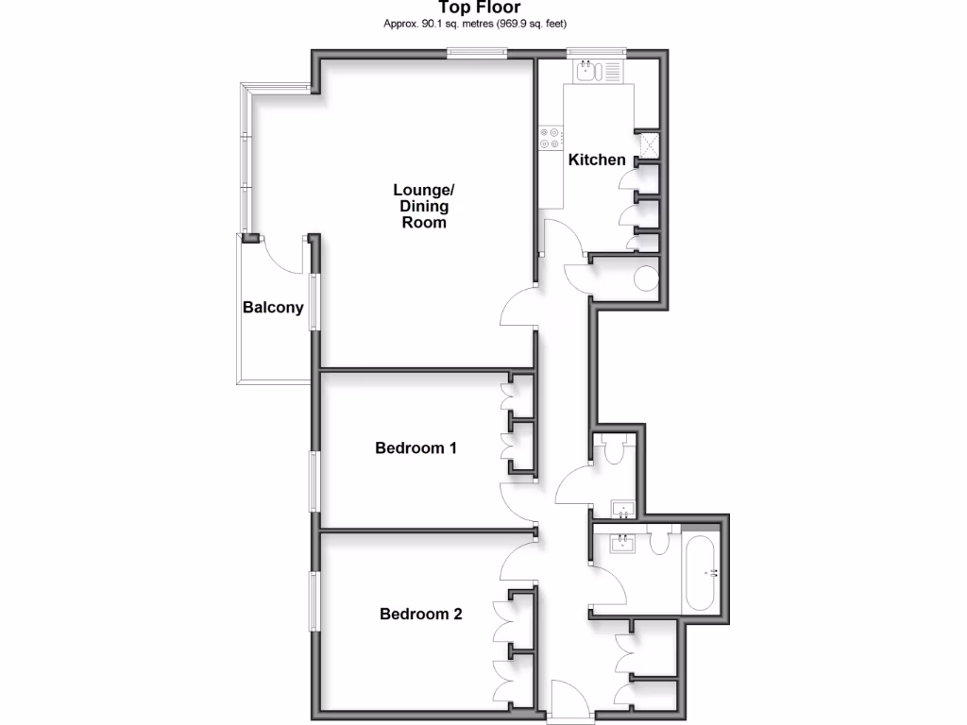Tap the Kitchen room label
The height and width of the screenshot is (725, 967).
[597, 160]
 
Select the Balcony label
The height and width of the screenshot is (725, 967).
[273, 307]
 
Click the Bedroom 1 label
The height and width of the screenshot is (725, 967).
[416, 447]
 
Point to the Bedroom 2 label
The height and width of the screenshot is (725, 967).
[420, 615]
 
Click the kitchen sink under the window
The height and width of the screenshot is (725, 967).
[586, 70]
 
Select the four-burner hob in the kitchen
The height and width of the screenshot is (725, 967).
[551, 139]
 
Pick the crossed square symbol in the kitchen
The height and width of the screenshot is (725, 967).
[649, 143]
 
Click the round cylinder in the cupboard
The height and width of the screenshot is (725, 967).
[647, 279]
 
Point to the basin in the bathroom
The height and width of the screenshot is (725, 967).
[622, 544]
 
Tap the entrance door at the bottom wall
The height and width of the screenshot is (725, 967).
[570, 703]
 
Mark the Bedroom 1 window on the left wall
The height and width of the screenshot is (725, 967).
[315, 481]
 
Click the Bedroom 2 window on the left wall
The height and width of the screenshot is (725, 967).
[315, 599]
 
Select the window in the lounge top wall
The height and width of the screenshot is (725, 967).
[476, 54]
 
